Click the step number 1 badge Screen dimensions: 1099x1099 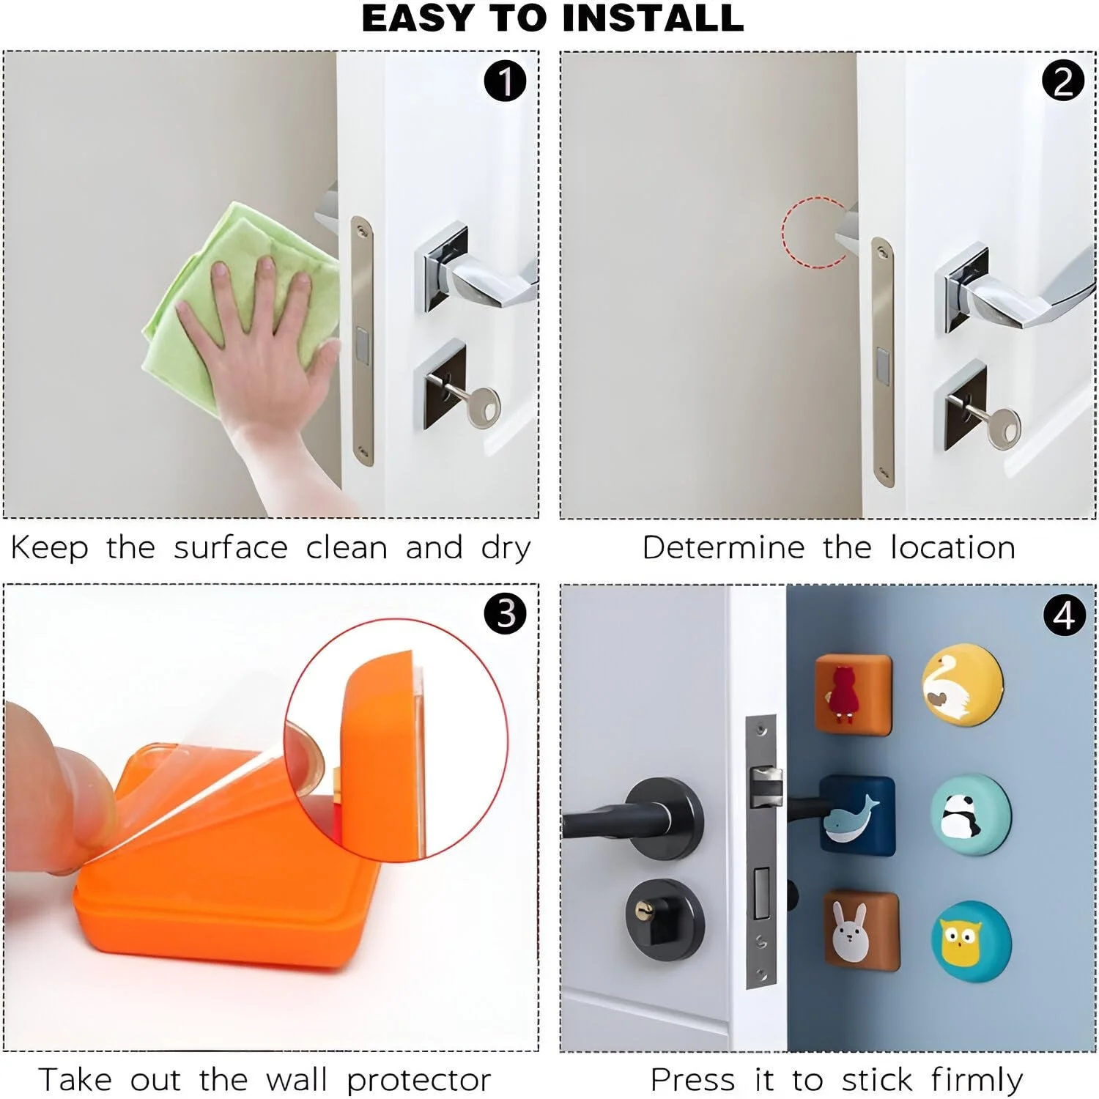click(506, 81)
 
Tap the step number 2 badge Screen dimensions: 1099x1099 click(1063, 81)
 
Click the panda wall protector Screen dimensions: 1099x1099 click(971, 813)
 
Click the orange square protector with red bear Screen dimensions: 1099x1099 click(854, 694)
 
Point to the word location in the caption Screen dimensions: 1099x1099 click(952, 547)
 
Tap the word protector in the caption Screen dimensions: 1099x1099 click(418, 1081)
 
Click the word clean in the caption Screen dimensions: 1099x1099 click(347, 547)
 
